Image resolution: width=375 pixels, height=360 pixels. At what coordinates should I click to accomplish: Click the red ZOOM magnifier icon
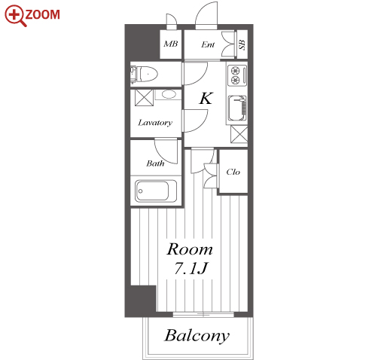click(x=15, y=16)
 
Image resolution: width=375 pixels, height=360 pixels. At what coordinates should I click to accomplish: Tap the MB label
click(x=171, y=44)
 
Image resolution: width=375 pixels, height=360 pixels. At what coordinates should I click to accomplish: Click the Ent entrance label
click(x=208, y=44)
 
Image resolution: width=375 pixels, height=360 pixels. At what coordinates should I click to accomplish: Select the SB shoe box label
click(x=242, y=44)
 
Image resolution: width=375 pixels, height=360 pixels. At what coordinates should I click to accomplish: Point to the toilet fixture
click(x=144, y=75)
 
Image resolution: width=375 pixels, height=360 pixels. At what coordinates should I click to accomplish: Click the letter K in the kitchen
click(x=206, y=98)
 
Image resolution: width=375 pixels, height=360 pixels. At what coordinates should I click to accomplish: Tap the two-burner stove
click(x=236, y=75)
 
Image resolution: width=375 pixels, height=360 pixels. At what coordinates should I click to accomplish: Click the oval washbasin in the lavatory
click(x=169, y=94)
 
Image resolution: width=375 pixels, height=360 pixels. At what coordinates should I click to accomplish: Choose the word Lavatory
click(x=155, y=123)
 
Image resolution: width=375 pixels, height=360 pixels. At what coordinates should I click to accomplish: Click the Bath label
click(x=155, y=163)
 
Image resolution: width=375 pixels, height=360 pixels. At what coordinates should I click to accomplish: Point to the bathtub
click(x=156, y=191)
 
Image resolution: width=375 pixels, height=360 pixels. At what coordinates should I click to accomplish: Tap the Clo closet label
click(x=233, y=172)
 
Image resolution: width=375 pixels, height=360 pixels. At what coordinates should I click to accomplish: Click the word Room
click(x=190, y=249)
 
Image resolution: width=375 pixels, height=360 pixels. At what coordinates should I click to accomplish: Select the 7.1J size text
click(x=191, y=268)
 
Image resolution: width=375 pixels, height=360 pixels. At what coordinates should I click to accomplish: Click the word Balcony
click(x=197, y=336)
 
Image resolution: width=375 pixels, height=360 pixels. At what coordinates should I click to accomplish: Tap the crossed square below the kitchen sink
click(x=239, y=135)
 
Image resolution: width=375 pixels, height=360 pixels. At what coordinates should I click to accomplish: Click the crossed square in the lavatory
click(x=144, y=98)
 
